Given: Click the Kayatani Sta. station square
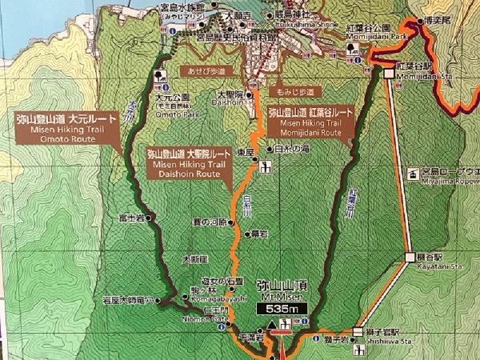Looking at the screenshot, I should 410,258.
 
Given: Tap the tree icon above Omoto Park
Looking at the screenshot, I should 160,77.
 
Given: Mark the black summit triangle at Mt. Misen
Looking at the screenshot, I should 272,325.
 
